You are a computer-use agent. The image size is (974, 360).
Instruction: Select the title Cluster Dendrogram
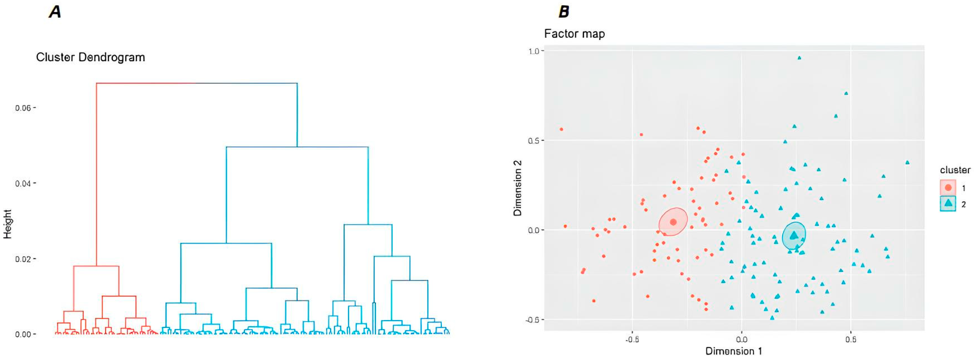[x=90, y=58]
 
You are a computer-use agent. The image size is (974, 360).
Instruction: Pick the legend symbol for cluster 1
[x=948, y=188]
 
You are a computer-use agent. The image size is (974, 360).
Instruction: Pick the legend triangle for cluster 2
[x=948, y=203]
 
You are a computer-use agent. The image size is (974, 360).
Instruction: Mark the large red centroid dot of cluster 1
[x=673, y=222]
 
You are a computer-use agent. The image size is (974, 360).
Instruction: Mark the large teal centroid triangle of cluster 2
[x=794, y=235]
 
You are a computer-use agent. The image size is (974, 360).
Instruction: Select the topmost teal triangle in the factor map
[x=799, y=58]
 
